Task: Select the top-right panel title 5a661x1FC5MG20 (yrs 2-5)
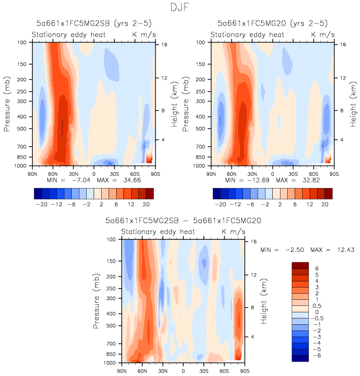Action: [x=272, y=23]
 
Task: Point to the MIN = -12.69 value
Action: [x=236, y=180]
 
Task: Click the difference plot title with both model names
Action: [x=183, y=221]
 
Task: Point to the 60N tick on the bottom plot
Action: [x=142, y=370]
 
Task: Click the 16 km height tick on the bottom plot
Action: [x=253, y=242]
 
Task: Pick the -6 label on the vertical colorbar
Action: [x=316, y=355]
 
